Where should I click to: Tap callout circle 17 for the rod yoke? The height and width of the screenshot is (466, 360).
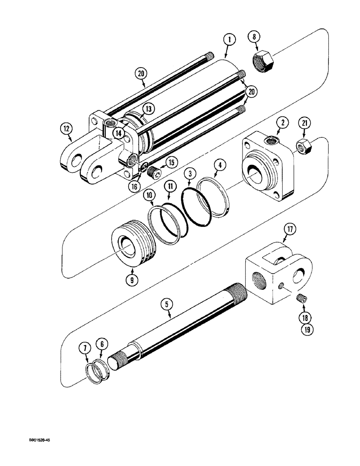[x=290, y=229]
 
